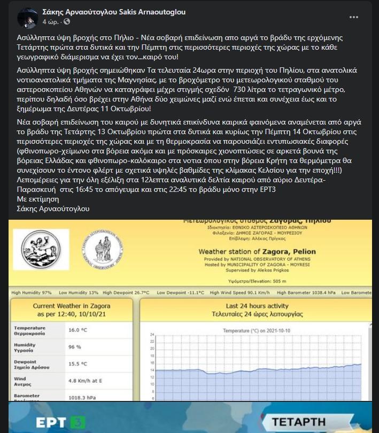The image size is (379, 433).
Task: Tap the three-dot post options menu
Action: (x=354, y=17)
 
